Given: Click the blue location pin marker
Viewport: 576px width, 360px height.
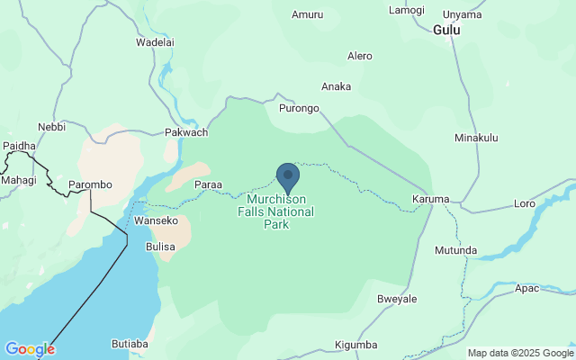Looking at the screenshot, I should point(288,177).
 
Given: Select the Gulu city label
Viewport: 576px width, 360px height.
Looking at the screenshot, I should point(446,30).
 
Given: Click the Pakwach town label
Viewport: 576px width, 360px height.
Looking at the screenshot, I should point(186,132).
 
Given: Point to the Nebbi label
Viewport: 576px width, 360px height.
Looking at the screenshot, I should point(51,127).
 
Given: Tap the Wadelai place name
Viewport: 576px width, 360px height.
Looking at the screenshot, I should point(154,42).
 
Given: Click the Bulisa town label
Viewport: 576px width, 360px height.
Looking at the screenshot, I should point(161,245).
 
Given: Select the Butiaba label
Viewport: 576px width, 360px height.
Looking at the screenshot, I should point(130,343).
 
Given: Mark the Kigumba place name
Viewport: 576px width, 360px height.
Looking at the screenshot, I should point(355,345).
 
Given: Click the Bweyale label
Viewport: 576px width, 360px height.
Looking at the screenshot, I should point(397,298).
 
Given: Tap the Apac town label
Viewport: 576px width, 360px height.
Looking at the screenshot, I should point(527,289).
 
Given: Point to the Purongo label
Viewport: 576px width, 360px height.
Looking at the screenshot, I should point(300,109).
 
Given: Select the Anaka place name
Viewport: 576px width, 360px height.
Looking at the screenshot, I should point(337,86).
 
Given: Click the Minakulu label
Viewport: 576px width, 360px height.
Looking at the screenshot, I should point(476,138).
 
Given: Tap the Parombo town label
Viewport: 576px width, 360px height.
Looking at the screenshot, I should point(90,184).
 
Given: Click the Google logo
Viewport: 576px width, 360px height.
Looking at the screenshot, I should point(30,349).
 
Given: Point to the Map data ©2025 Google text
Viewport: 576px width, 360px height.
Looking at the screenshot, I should point(520,353).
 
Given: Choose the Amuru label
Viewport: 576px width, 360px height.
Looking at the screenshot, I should point(307,14).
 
